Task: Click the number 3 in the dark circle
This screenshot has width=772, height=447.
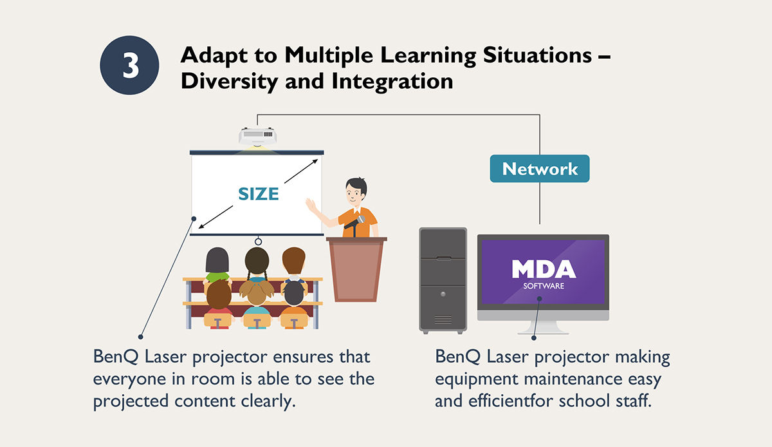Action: pos(131,66)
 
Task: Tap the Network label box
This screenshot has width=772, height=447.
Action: pos(540,169)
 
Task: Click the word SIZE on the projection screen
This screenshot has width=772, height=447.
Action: pos(259,194)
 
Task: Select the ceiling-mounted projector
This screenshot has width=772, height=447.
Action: pos(257,137)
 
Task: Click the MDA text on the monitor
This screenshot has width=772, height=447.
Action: pos(544,269)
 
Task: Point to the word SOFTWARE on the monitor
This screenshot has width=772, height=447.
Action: pos(544,286)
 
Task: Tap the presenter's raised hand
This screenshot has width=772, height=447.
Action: pos(311,205)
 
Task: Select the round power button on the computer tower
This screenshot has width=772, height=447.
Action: pos(443,294)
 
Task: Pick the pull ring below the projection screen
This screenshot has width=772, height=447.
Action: pos(258,242)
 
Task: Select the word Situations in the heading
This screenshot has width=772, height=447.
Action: pos(537,55)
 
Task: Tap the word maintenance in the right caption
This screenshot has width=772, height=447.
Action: pos(573,379)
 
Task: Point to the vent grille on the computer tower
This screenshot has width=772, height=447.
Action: pos(443,319)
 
